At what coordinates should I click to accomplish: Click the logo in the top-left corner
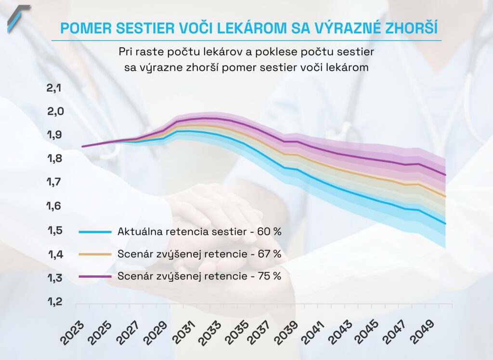point(18,18)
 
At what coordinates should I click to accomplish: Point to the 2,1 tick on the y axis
point(55,88)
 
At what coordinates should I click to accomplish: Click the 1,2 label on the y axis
point(55,302)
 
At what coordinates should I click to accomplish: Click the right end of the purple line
point(446,175)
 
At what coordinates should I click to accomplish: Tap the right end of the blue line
point(446,224)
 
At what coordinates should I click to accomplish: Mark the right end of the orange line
point(446,197)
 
